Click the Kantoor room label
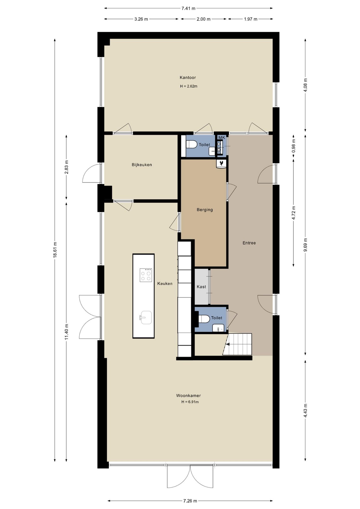(x=188, y=78)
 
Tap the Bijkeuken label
(x=142, y=165)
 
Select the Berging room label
(x=205, y=210)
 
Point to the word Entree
(x=249, y=243)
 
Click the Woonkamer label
(x=188, y=396)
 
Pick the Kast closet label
(x=201, y=287)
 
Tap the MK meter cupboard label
(x=222, y=138)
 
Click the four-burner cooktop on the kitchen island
(x=146, y=275)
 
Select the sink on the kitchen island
(x=146, y=318)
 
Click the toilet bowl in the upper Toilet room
(x=192, y=144)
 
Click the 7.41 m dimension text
(x=188, y=8)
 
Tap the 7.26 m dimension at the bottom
(x=190, y=501)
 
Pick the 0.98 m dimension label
(x=293, y=146)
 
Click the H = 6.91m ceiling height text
(x=190, y=402)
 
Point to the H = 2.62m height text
(x=188, y=86)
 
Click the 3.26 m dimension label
(x=141, y=19)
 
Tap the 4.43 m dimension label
(x=305, y=411)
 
